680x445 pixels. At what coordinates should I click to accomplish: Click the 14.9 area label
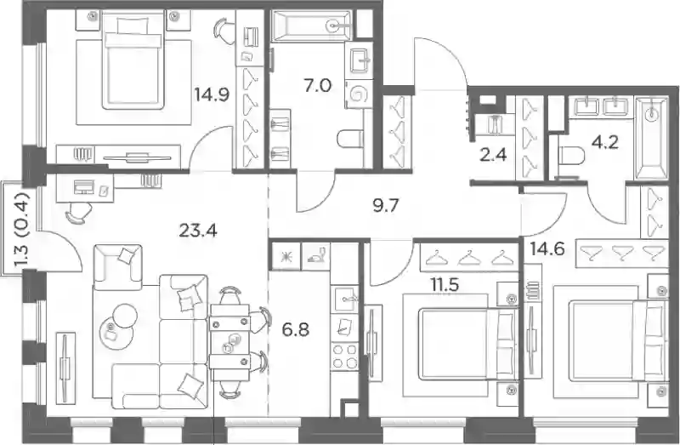point(212,94)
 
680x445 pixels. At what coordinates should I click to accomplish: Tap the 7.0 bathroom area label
point(317,86)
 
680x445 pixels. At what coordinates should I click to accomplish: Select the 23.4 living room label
point(198,231)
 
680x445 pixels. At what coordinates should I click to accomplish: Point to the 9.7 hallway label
point(386,205)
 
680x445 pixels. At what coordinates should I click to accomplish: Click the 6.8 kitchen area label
point(295,330)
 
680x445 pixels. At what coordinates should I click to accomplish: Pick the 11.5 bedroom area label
point(445,285)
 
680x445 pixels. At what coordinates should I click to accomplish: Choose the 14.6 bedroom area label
point(547,249)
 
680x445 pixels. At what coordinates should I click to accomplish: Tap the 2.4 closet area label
point(494,154)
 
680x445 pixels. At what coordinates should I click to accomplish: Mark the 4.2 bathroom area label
point(605,142)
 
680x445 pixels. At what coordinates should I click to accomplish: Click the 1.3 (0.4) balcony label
point(21,231)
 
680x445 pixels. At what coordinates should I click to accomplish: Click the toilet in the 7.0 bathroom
point(349,139)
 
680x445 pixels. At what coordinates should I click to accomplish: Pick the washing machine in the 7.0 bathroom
point(359,94)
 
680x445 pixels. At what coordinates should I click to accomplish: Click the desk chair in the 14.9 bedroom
point(225,31)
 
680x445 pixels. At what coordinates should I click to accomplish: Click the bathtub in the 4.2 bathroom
point(651,138)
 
